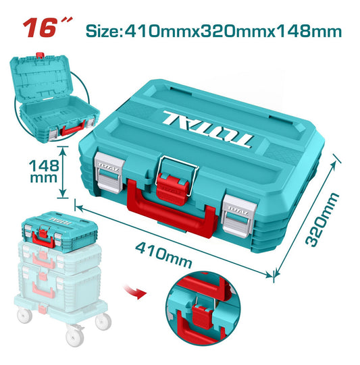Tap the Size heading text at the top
[213, 31]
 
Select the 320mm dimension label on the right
[322, 219]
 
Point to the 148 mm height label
[44, 171]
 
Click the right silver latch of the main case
[238, 216]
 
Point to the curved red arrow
[136, 292]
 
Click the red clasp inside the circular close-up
[202, 316]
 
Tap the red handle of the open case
[73, 129]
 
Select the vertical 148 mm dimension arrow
[62, 172]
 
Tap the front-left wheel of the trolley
[24, 316]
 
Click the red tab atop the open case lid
[40, 55]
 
